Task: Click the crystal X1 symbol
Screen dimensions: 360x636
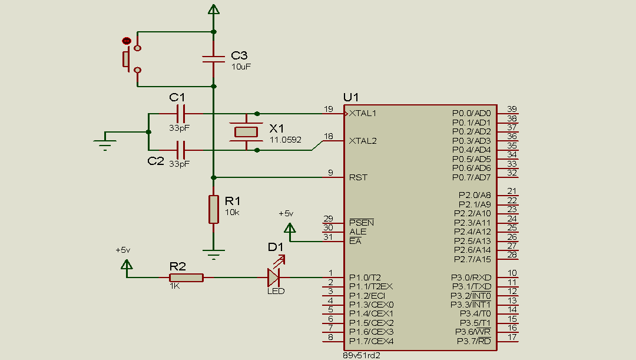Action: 245,131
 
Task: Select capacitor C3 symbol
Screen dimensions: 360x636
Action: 213,59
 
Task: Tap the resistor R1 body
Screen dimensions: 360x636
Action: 213,210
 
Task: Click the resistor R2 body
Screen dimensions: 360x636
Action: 186,278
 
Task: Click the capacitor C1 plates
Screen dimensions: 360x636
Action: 180,113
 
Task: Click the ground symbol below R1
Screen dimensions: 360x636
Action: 213,256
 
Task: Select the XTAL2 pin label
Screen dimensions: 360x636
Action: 363,141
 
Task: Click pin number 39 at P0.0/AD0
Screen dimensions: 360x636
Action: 512,109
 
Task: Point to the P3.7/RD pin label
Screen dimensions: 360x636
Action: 473,341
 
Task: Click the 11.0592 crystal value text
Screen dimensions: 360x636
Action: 285,140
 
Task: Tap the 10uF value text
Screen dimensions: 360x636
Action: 241,67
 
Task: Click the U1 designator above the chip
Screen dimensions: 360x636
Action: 350,97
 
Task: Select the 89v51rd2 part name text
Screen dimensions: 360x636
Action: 362,356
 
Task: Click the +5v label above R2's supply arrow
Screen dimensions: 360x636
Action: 122,250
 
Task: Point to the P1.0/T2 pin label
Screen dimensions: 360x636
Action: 365,277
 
